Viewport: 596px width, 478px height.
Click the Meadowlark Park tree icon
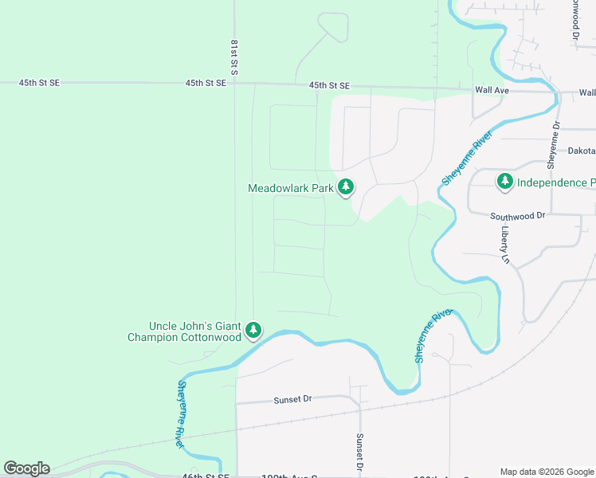[345, 188]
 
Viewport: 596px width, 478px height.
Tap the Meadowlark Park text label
[290, 189]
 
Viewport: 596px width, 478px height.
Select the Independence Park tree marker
[504, 182]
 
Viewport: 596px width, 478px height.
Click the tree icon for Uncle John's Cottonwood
[253, 330]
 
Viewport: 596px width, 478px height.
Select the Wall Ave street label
[492, 92]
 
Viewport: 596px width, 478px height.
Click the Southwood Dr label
[517, 216]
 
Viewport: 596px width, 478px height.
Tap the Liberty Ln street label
[505, 244]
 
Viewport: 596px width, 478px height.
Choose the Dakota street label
[581, 151]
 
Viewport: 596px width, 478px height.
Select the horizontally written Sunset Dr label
[292, 400]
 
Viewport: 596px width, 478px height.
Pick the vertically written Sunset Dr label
[360, 453]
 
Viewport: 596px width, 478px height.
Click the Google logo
[26, 468]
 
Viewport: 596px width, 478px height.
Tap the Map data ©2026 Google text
[547, 472]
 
